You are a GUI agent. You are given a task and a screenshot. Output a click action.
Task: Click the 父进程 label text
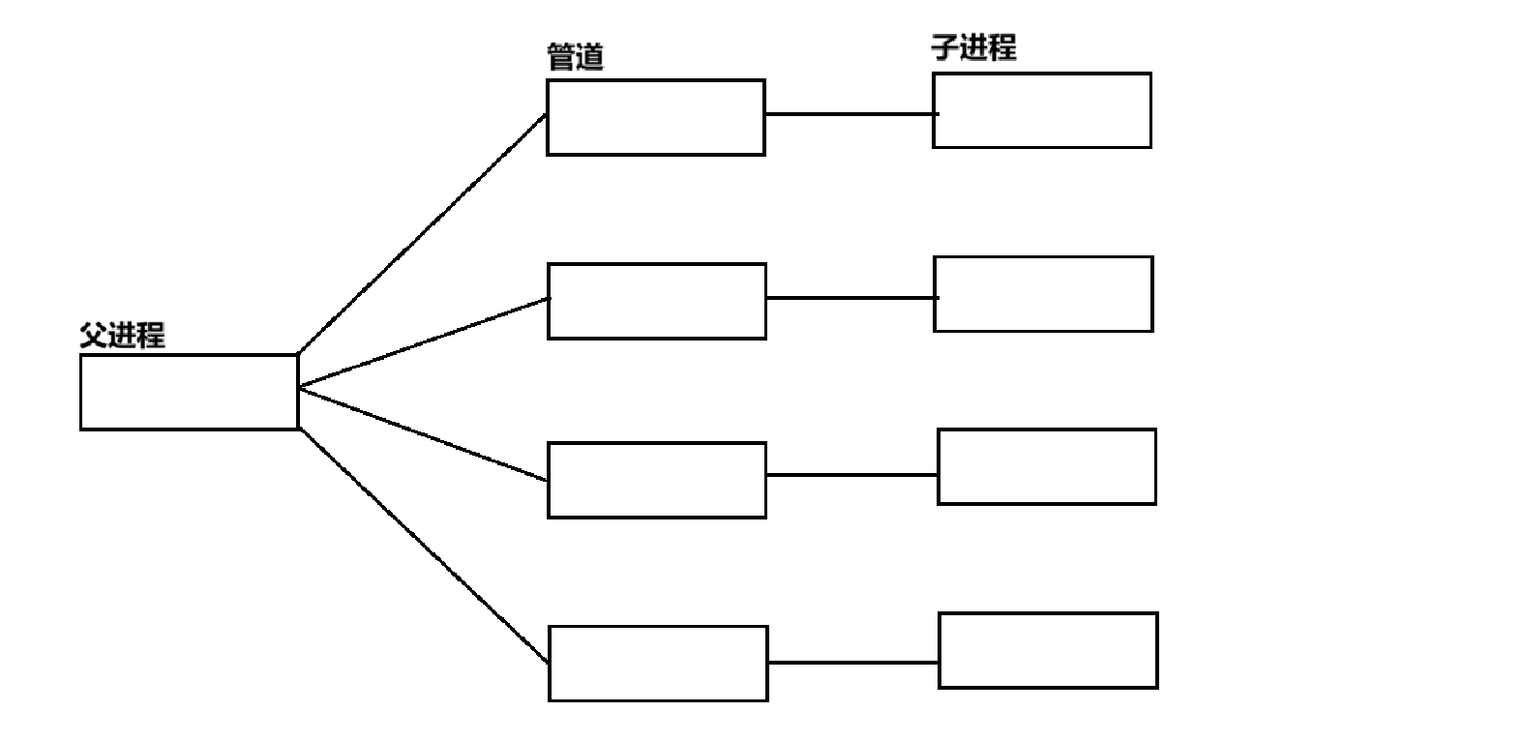[x=122, y=336]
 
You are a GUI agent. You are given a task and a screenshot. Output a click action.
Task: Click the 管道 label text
[x=576, y=57]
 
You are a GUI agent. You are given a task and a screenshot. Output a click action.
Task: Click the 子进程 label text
[x=973, y=47]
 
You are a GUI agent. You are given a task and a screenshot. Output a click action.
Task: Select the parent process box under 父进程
[x=189, y=392]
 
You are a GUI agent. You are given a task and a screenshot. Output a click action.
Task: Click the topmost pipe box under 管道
[x=656, y=117]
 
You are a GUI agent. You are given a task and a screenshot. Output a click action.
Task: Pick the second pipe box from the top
[x=657, y=301]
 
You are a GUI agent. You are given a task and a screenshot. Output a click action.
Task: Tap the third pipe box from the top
[x=657, y=480]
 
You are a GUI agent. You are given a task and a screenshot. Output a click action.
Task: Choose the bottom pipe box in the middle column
[x=658, y=663]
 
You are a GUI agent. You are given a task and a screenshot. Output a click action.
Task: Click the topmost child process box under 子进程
[x=1042, y=110]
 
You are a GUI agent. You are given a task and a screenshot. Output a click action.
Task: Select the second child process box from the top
[x=1043, y=294]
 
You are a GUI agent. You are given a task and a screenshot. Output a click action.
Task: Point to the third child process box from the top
[x=1047, y=466]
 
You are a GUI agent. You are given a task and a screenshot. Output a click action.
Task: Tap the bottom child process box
[x=1048, y=650]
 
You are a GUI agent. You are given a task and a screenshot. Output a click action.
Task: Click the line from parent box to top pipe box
[x=422, y=234]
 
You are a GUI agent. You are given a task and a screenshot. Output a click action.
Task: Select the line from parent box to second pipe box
[x=424, y=342]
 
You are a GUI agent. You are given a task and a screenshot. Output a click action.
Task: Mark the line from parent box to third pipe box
[x=424, y=433]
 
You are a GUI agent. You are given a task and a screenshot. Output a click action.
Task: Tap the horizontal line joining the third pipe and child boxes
[x=851, y=475]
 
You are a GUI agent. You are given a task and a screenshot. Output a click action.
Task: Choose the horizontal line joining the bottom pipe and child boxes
[x=852, y=663]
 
